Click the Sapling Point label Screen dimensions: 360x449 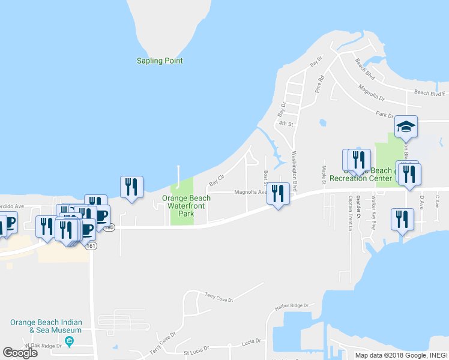pyautogui.click(x=159, y=61)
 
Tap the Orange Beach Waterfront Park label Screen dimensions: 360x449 pyautogui.click(x=188, y=205)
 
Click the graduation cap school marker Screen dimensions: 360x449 pyautogui.click(x=406, y=126)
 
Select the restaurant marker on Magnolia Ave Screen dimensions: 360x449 pyautogui.click(x=277, y=193)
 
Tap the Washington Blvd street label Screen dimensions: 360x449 pyautogui.click(x=295, y=162)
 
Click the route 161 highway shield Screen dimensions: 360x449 pyautogui.click(x=91, y=246)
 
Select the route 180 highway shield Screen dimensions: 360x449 pyautogui.click(x=109, y=228)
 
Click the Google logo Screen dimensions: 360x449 pyautogui.click(x=20, y=353)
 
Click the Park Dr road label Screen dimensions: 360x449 pyautogui.click(x=385, y=115)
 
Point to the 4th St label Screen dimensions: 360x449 pyautogui.click(x=285, y=124)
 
